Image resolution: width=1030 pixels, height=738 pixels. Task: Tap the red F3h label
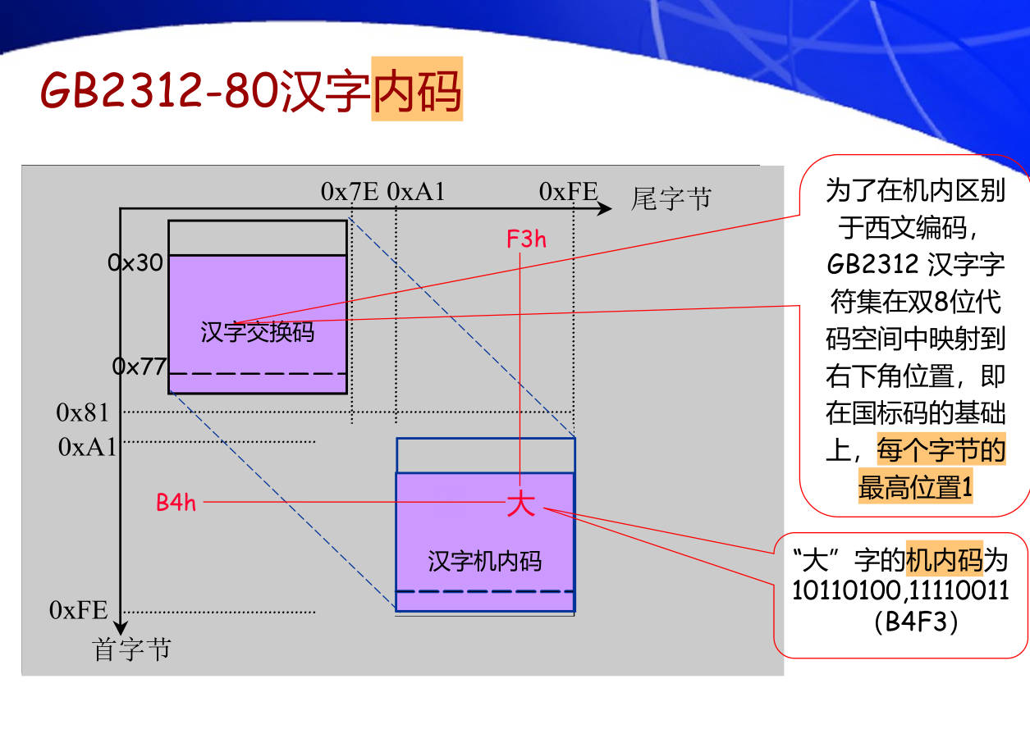point(526,239)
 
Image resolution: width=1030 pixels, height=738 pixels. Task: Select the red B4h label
point(176,503)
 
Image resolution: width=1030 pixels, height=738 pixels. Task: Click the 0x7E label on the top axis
point(350,192)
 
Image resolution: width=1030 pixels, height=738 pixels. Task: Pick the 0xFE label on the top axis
point(568,192)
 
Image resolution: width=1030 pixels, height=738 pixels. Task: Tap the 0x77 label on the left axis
point(140,367)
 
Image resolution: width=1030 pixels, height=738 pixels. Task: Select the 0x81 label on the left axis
point(82,412)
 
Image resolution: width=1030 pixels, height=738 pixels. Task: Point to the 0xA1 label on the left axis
point(88,447)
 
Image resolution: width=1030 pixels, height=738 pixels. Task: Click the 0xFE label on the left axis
point(79,610)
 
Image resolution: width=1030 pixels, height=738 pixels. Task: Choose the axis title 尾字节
point(671,198)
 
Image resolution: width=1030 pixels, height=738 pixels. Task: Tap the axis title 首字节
point(132,649)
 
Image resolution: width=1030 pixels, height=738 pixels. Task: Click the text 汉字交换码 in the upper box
point(257,332)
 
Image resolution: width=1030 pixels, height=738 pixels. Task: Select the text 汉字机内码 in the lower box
point(485,561)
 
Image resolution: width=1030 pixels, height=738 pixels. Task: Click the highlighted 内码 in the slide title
point(417,90)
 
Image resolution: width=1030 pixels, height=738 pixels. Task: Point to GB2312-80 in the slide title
point(160,90)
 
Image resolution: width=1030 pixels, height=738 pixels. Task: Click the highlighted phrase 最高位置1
point(915,488)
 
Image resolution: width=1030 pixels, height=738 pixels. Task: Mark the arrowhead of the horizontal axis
point(604,208)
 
